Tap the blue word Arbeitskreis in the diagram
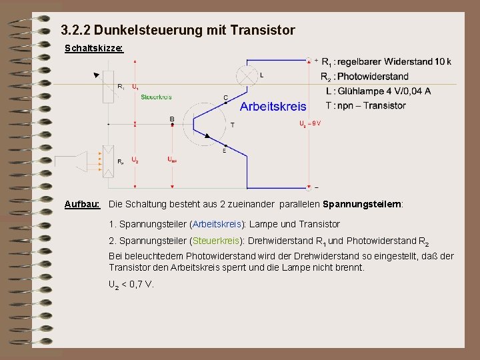273,106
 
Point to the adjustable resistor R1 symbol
108,87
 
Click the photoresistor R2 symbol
108,161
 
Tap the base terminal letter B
172,119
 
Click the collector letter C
225,98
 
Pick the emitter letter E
224,151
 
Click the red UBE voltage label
172,160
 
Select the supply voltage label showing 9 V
310,124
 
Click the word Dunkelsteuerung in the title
137,30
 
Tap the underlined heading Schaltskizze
93,49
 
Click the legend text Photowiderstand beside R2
373,76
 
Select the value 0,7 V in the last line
140,285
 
